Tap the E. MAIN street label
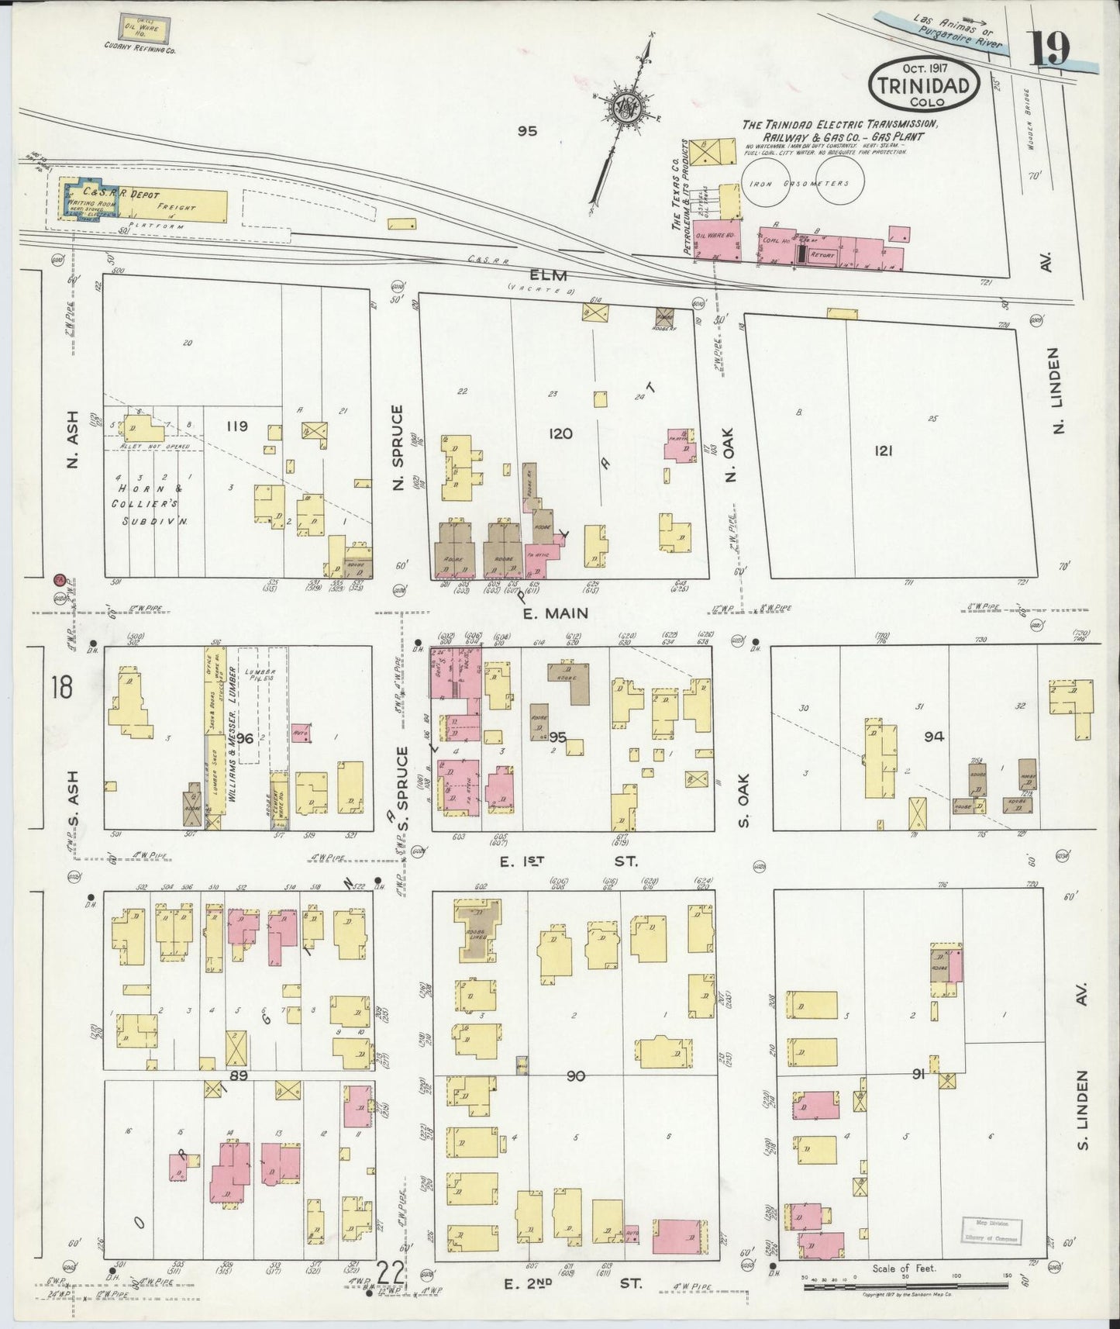(555, 613)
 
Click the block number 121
(883, 450)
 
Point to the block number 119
(237, 426)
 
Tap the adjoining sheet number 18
(60, 686)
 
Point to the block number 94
(933, 737)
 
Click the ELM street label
(549, 275)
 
